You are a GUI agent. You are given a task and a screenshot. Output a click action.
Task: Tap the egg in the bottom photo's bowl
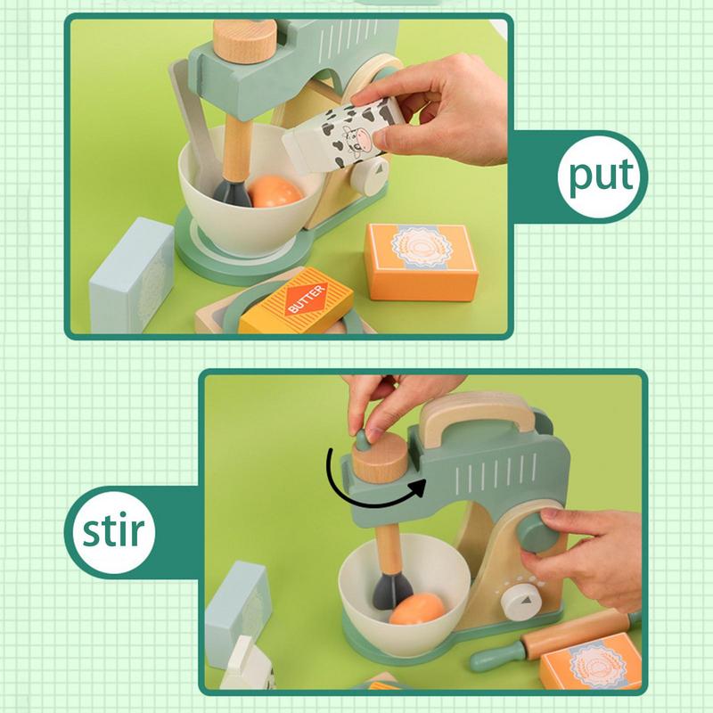pos(415,611)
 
